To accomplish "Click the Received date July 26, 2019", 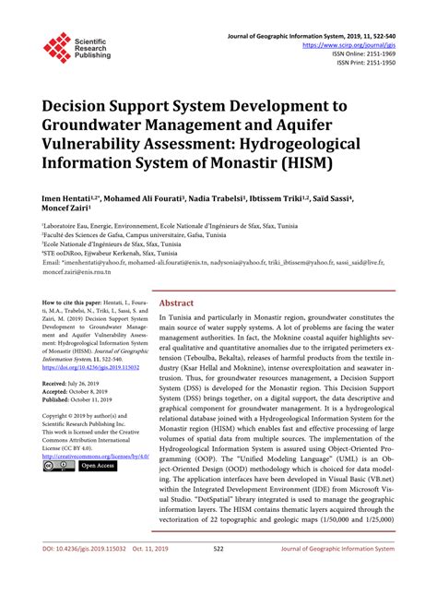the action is pos(84,382).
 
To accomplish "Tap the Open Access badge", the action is pos(98,466).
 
